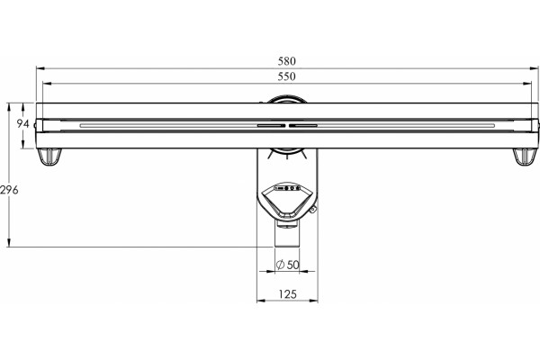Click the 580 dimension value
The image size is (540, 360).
(x=286, y=61)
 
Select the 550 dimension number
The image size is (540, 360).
(x=286, y=76)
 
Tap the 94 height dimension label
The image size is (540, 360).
(x=22, y=123)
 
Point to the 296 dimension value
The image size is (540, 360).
(x=9, y=190)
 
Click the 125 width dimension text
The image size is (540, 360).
(x=287, y=294)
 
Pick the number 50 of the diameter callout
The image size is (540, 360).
(x=292, y=265)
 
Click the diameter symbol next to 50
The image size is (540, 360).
(x=280, y=265)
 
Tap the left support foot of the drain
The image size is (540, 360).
(x=49, y=157)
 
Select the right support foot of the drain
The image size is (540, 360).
(x=526, y=157)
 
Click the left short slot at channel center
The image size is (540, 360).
(x=271, y=125)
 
